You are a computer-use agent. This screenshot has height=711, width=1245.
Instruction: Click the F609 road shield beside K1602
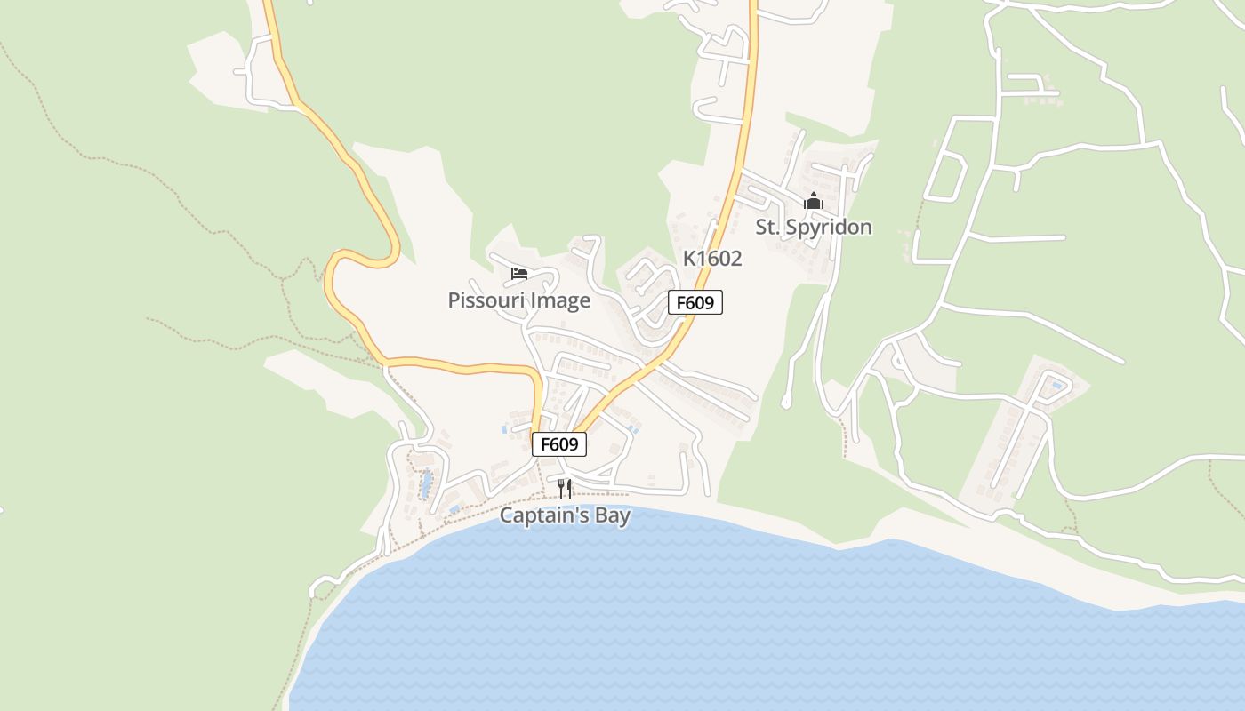[x=695, y=302]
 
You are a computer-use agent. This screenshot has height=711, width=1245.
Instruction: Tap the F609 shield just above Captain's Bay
[x=559, y=443]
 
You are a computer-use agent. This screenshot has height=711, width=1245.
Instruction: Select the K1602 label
[x=711, y=259]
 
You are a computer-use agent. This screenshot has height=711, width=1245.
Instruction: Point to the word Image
[x=560, y=300]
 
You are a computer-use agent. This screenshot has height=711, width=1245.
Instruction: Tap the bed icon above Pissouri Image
[x=519, y=273]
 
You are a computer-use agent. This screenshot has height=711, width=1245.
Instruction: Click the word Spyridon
[x=831, y=228]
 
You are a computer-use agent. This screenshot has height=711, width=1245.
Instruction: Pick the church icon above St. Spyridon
[x=813, y=202]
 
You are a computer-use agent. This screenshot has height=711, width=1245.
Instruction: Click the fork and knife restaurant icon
[x=565, y=488]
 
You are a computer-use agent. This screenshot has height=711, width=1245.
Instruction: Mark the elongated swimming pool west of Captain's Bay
[x=427, y=484]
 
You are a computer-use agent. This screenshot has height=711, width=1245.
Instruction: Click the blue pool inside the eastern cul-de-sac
[x=1056, y=386]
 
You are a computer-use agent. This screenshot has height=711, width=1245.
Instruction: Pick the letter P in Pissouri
[x=454, y=300]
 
